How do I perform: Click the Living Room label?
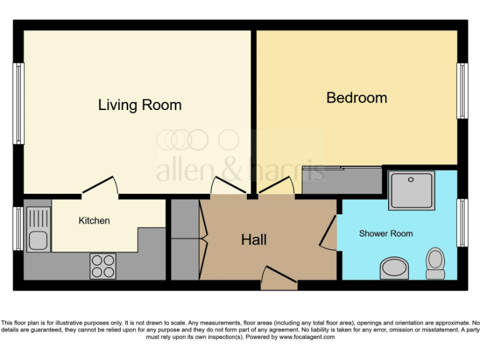[139, 105]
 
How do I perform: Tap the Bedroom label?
[356, 97]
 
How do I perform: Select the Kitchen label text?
[94, 221]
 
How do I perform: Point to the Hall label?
[254, 239]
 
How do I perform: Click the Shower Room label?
[386, 234]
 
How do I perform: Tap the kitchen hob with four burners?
[103, 266]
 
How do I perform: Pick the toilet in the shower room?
[435, 262]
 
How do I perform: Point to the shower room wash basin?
[394, 269]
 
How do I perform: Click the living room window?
[19, 103]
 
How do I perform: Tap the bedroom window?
[462, 91]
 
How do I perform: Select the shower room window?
[462, 223]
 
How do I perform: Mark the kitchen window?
[19, 228]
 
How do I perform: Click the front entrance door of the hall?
[279, 279]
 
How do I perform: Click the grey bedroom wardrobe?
[341, 181]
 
